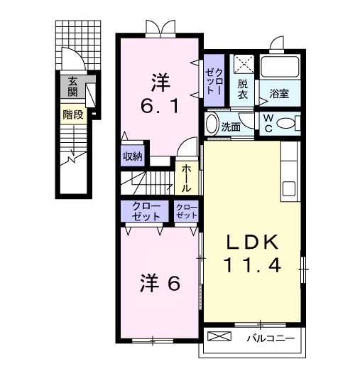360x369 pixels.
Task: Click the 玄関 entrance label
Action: (72, 87)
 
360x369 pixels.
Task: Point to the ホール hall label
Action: (186, 178)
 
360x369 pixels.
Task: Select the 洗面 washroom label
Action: (230, 127)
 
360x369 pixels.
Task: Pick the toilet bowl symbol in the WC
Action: (288, 123)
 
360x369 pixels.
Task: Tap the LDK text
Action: (253, 241)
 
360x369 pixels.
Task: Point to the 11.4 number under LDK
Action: (253, 266)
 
